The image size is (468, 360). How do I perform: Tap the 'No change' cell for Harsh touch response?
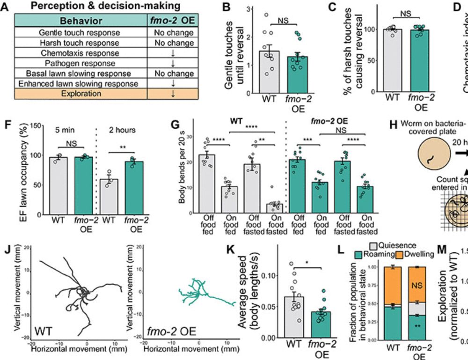pos(174,43)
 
